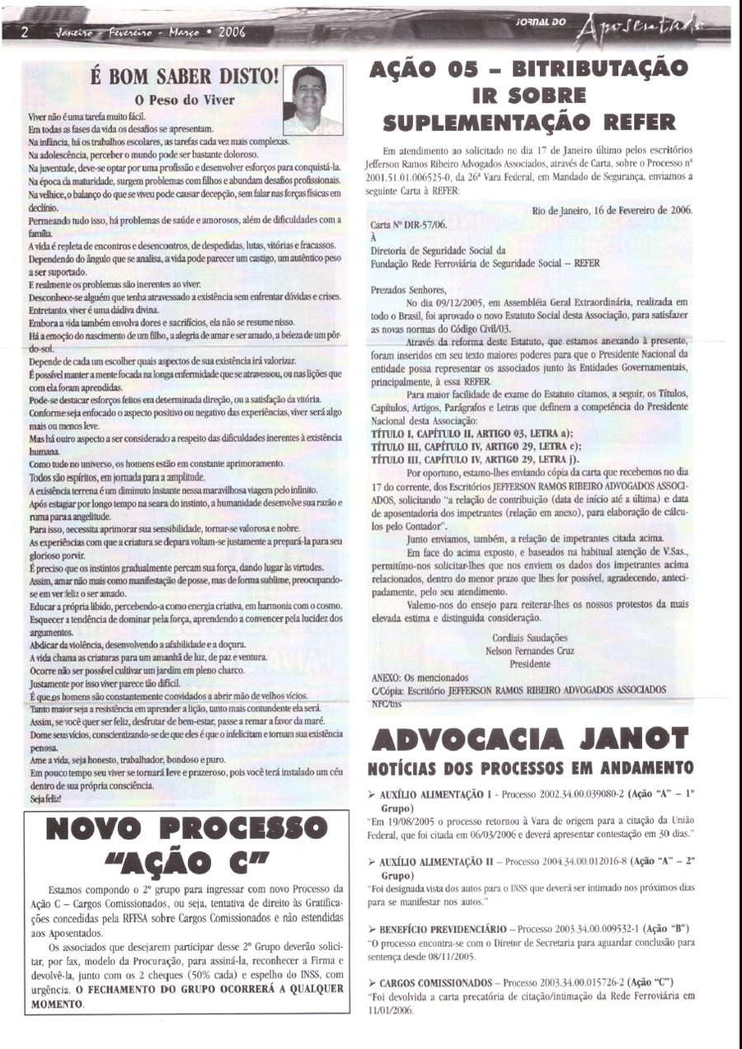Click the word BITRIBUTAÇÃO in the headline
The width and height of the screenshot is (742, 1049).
point(589,68)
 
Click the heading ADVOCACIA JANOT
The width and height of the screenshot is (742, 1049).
point(533,739)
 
